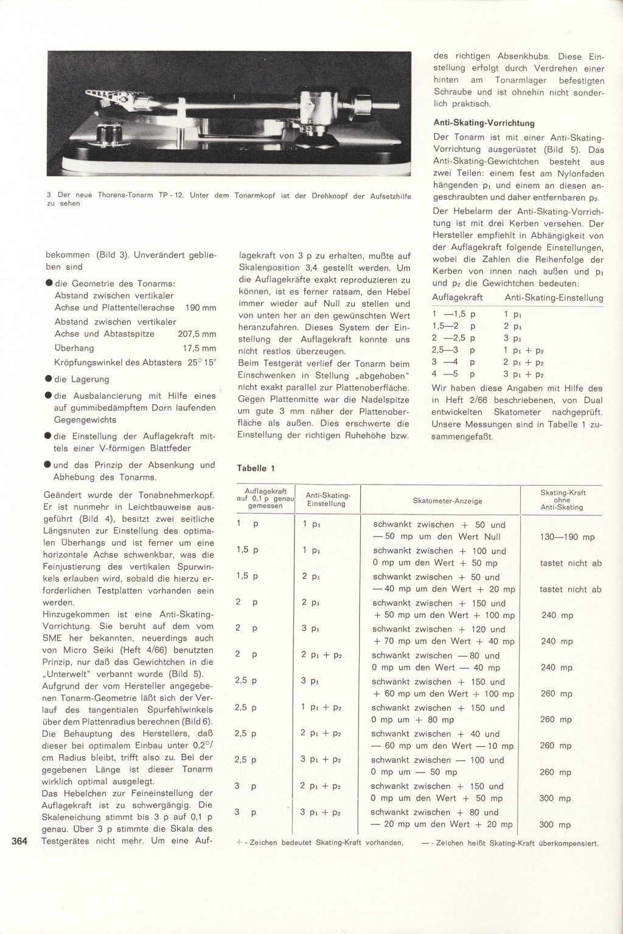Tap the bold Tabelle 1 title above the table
[256, 468]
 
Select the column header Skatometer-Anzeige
[447, 501]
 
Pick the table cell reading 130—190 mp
[567, 537]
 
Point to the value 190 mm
[201, 308]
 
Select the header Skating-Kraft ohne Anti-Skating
[563, 500]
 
